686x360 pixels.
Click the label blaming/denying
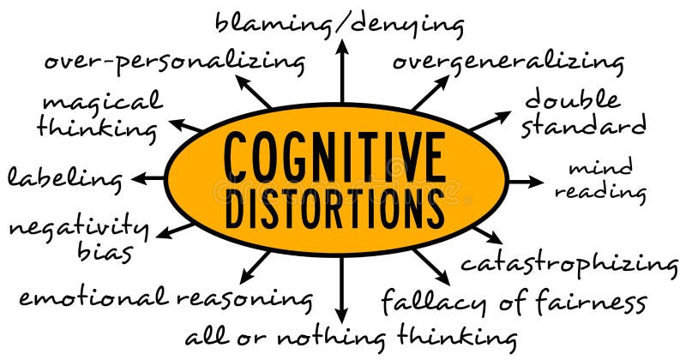[340, 24]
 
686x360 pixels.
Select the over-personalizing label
[174, 62]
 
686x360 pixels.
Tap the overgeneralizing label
[508, 62]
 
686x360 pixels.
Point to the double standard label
[583, 112]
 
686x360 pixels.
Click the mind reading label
[600, 179]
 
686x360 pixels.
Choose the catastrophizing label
[569, 262]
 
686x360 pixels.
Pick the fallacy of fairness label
[513, 302]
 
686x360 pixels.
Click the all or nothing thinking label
[352, 334]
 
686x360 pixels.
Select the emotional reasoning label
[165, 297]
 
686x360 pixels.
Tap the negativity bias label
[79, 238]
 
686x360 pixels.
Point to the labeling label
[65, 178]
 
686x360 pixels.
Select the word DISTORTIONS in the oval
[334, 207]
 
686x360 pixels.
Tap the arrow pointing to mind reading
[525, 181]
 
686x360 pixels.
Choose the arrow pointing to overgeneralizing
[430, 93]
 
